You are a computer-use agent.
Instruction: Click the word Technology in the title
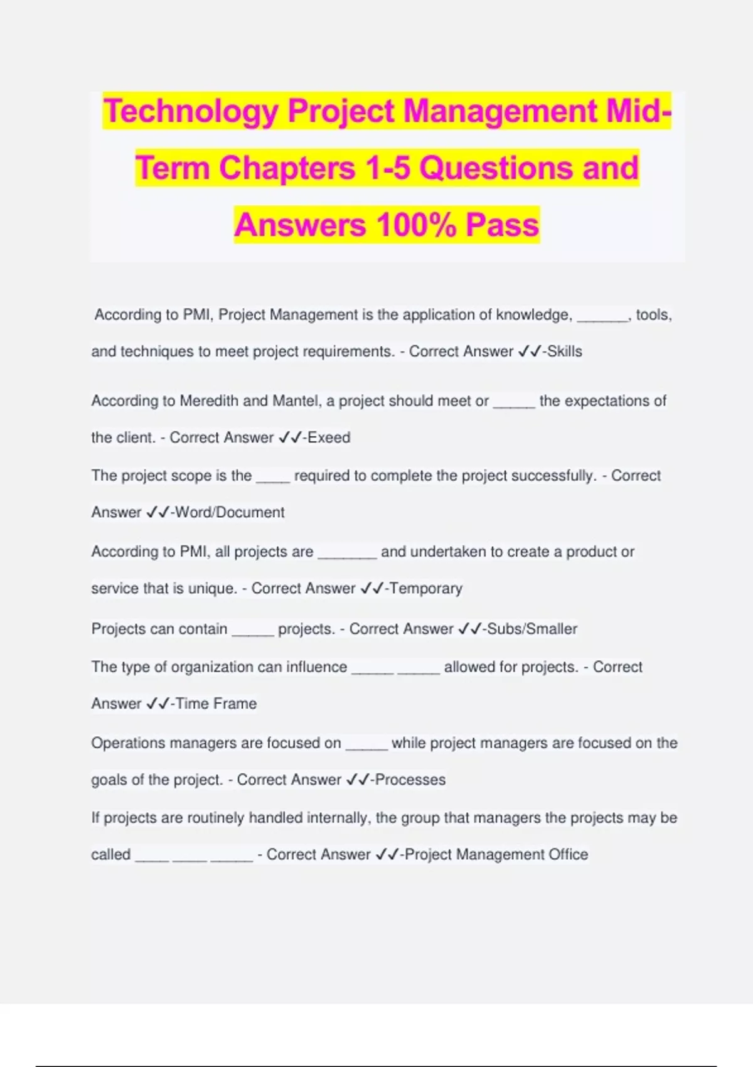point(191,111)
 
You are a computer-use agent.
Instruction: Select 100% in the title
point(416,225)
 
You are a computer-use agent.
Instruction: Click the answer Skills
point(565,351)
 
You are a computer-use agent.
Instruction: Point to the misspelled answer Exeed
point(329,437)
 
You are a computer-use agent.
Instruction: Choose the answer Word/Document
point(230,512)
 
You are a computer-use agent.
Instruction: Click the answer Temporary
point(426,589)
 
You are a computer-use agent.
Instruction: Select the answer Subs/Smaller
point(532,629)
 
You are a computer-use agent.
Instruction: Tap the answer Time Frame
point(216,704)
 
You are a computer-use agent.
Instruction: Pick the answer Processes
point(410,780)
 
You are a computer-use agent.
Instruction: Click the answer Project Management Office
point(496,855)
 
